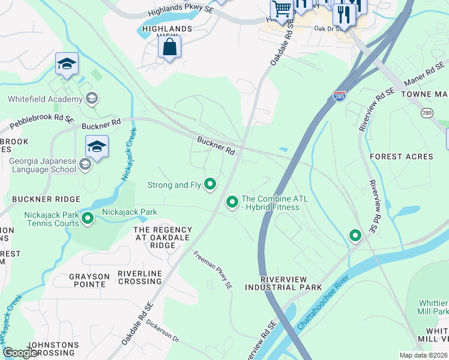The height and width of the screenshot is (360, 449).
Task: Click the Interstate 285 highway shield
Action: [x=339, y=96]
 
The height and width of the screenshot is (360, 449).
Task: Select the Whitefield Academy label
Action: [x=44, y=99]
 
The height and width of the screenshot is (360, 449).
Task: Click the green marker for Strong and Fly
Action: [x=210, y=184]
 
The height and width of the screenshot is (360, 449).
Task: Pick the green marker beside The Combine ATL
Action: [x=232, y=203]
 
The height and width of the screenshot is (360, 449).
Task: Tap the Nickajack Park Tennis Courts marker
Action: [x=88, y=218]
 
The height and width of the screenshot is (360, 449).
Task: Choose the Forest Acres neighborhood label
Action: [x=401, y=157]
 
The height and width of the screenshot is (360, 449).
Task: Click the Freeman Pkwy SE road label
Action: [x=212, y=271]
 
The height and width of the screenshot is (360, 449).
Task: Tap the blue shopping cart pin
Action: [x=282, y=10]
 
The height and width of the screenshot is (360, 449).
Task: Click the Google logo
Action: [x=20, y=353]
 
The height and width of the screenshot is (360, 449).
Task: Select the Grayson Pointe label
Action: [x=89, y=280]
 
